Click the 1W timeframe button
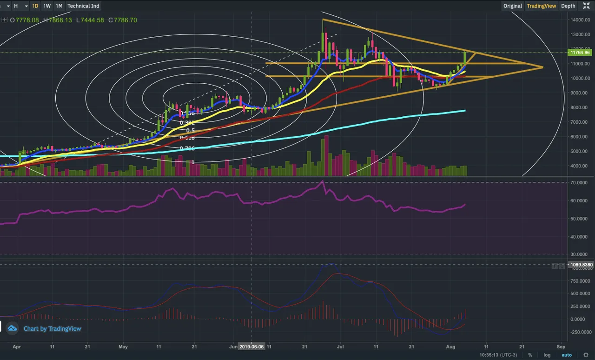[x=47, y=6]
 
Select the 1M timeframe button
[x=59, y=6]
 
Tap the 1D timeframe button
[x=35, y=6]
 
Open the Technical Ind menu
[x=83, y=6]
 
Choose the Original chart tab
[x=513, y=6]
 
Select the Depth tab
[x=568, y=6]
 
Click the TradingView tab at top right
[x=541, y=6]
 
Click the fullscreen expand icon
[x=586, y=6]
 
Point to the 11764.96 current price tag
[x=580, y=53]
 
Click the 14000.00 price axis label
[x=581, y=20]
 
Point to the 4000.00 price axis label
[x=581, y=166]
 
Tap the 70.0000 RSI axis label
[x=581, y=183]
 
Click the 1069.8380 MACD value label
[x=581, y=265]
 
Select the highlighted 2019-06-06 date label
[x=251, y=347]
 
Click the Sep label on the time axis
[x=561, y=347]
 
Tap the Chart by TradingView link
[x=52, y=329]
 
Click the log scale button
[x=547, y=355]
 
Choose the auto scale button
[x=567, y=355]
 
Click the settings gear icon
[x=586, y=355]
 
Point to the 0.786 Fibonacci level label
[x=187, y=148]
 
